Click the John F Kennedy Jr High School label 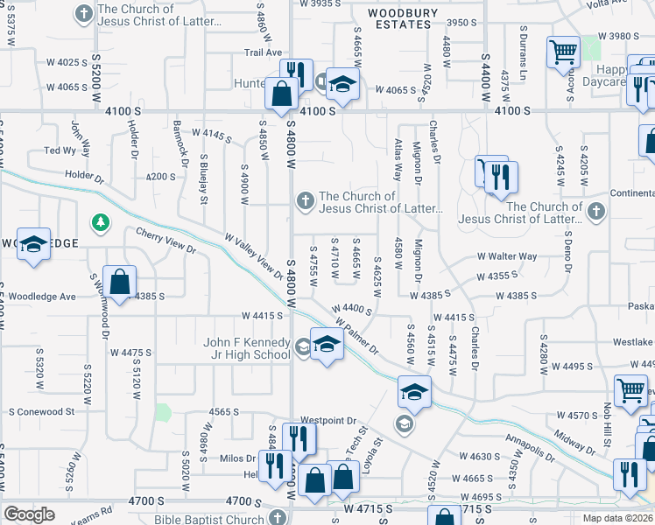click(x=246, y=347)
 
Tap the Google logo click(x=28, y=514)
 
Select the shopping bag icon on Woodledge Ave click(x=121, y=282)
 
